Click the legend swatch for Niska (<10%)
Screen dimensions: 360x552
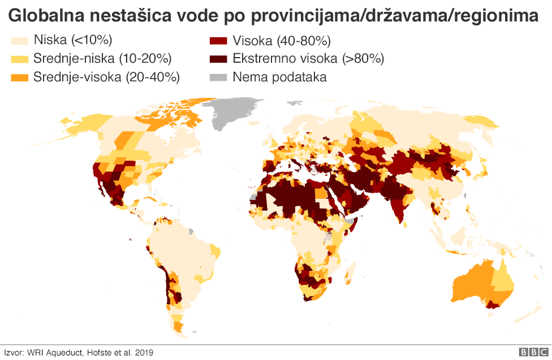20,41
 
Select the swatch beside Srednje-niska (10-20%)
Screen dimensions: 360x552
20,59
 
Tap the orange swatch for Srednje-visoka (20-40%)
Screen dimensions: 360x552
20,77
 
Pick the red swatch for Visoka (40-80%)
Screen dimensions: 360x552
218,41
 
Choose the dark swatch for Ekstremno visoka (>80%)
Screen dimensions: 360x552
218,59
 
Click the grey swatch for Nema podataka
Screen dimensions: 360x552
218,77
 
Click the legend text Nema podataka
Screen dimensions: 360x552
279,77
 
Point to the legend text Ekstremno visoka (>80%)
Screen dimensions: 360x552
308,59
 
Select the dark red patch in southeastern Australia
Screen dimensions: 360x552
494,305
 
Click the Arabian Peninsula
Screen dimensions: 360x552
351,198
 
